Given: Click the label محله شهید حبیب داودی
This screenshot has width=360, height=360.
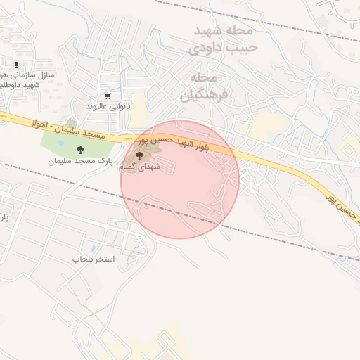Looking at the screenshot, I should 223,41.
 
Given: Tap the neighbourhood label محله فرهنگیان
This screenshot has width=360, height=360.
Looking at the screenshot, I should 210,86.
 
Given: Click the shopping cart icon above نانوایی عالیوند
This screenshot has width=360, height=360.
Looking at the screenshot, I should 107,96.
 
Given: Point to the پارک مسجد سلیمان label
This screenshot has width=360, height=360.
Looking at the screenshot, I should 81,161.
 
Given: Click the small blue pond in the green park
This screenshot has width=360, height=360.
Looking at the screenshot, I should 61,143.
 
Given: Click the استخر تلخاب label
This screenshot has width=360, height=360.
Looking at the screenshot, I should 93,259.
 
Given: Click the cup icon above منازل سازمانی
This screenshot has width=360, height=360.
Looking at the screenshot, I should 17,65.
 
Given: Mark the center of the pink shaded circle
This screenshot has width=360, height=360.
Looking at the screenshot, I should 180,179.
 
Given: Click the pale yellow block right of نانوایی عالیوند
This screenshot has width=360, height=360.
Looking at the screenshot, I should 138,109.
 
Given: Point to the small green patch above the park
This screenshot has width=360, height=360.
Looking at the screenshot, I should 71,124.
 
